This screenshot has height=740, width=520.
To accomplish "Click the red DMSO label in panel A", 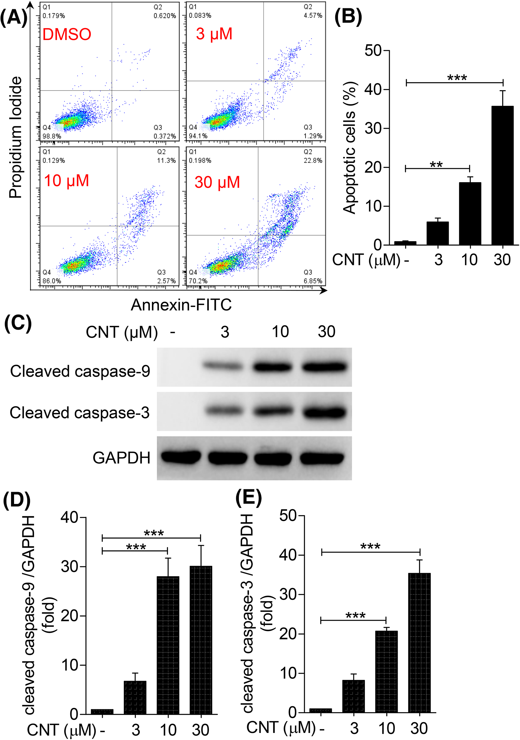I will (x=67, y=35).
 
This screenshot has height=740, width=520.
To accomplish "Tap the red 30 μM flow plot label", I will (x=217, y=182).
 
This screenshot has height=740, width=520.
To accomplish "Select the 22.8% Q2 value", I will (x=313, y=161).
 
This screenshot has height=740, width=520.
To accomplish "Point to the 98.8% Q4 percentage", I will (x=52, y=136).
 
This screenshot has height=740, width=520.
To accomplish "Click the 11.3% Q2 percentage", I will (x=166, y=161).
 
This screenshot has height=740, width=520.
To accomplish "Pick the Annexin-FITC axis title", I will (x=181, y=305).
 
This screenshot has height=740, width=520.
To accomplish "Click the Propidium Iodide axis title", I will (x=16, y=137).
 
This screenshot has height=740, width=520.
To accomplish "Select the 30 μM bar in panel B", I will (x=502, y=176).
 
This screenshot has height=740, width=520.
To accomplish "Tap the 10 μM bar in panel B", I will (x=470, y=214).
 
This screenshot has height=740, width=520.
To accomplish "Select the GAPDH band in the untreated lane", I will (x=180, y=457).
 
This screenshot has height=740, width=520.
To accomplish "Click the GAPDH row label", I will (x=121, y=458).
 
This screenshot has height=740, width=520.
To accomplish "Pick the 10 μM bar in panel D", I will (x=168, y=646).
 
